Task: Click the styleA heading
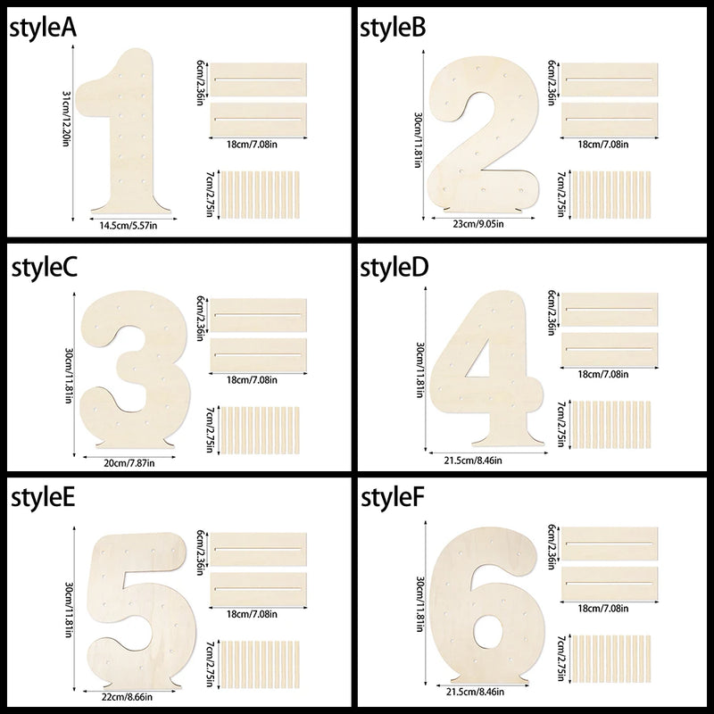coord(43,29)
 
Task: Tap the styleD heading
coord(394,267)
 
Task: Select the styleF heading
coord(392,498)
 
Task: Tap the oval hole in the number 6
coord(487,632)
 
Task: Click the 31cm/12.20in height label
coord(66,119)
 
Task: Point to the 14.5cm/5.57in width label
coord(129,225)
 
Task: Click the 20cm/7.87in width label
coord(129,463)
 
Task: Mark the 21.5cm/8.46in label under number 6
coord(476,692)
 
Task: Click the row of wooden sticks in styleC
coord(259,430)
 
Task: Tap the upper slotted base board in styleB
coord(610,79)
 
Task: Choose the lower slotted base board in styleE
coord(258,589)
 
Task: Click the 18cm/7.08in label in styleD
coord(603,374)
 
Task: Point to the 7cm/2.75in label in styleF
coord(561,658)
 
